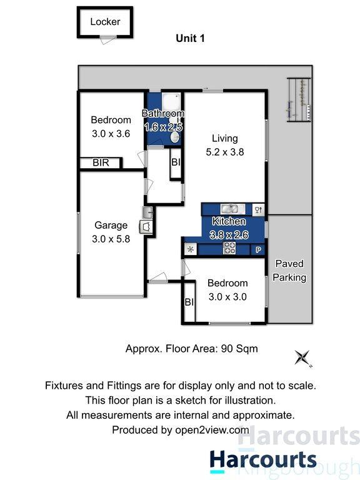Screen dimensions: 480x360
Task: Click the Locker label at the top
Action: [104, 22]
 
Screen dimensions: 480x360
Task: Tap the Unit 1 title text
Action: [190, 38]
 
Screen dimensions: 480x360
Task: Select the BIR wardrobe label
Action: [101, 163]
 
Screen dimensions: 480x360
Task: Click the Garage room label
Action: [111, 226]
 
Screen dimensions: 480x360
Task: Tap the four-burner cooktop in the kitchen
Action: [229, 249]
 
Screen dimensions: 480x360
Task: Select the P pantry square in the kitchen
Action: [258, 249]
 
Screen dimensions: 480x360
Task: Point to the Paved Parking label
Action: [291, 271]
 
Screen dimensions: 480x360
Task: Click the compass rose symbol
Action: [303, 357]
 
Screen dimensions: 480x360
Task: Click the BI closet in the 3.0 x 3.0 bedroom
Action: [189, 302]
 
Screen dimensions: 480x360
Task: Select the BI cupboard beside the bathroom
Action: [176, 162]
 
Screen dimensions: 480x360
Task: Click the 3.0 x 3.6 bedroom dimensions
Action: [111, 132]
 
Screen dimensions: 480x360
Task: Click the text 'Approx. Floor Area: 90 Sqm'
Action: [192, 349]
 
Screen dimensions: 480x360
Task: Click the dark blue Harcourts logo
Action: [262, 461]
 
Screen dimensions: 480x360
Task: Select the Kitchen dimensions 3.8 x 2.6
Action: [229, 234]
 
